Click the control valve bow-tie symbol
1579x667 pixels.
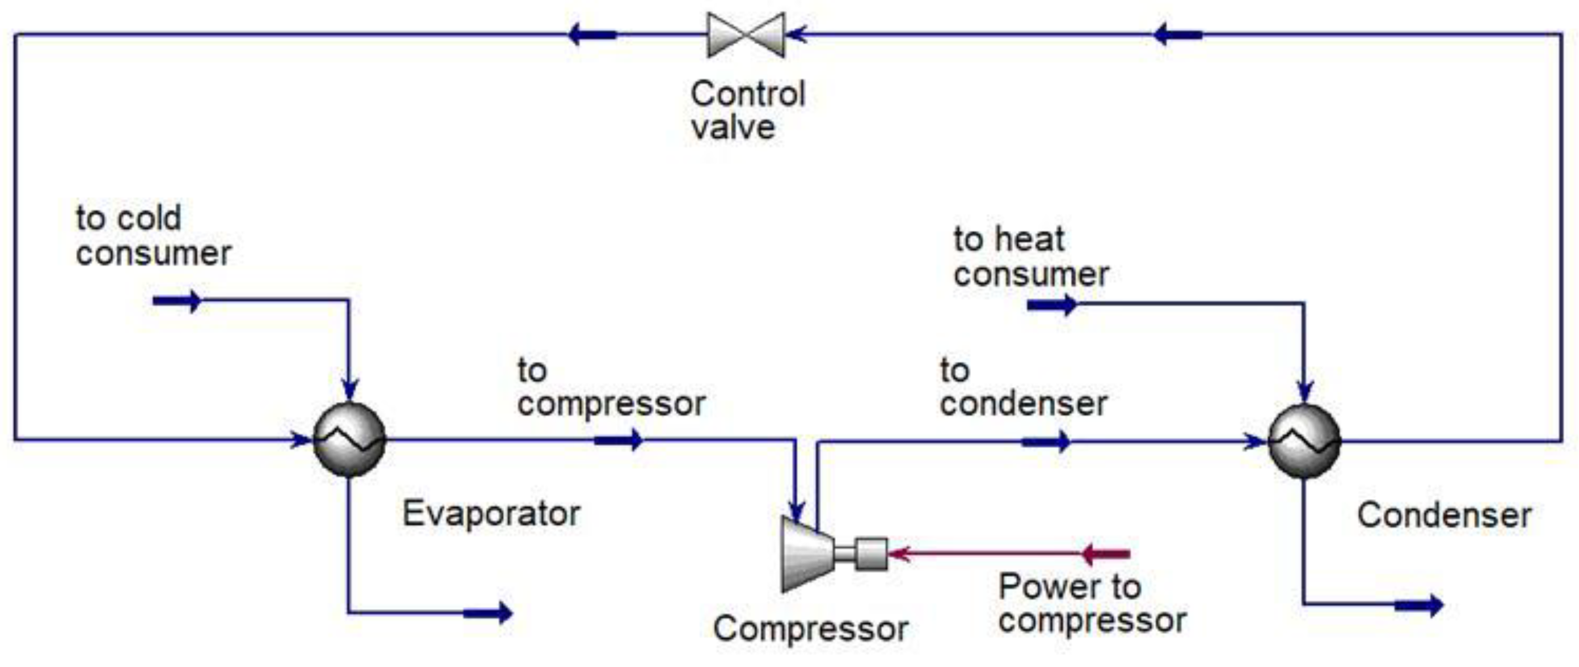point(746,35)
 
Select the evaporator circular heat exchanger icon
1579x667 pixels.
point(350,439)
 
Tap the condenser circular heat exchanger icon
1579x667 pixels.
point(1304,440)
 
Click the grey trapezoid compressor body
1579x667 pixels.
point(806,554)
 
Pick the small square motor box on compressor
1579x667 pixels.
point(870,554)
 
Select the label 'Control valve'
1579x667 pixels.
point(747,111)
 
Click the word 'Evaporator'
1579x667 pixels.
point(491,513)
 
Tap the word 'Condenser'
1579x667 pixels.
point(1443,515)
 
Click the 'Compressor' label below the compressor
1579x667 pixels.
point(810,629)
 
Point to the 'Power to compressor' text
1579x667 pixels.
point(1092,603)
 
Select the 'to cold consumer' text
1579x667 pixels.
point(153,236)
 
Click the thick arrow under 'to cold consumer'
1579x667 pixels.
point(177,301)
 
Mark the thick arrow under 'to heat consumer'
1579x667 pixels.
point(1052,305)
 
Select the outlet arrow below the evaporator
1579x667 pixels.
point(488,613)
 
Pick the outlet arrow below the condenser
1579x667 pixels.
point(1418,605)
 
